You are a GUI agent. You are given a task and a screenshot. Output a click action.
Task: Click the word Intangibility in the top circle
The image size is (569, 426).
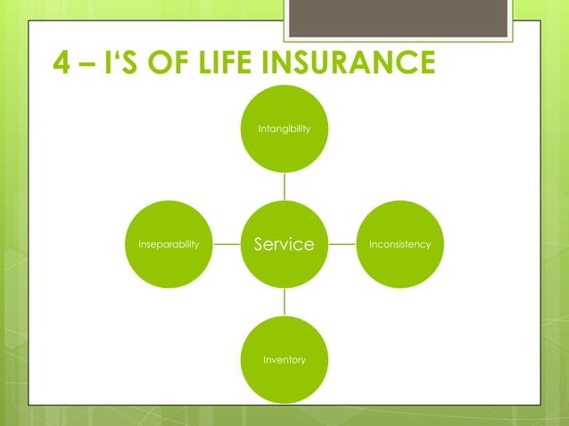284,129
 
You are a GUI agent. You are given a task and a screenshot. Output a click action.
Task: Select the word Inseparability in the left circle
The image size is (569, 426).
169,244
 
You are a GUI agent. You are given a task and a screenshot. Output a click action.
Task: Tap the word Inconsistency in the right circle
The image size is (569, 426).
400,244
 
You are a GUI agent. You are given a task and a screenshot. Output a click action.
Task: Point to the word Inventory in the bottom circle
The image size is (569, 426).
284,360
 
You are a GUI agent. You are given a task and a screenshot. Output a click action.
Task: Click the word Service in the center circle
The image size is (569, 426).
284,244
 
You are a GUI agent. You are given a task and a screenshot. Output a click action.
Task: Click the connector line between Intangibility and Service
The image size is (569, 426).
284,186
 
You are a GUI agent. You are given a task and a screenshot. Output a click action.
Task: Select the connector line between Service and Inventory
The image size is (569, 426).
284,302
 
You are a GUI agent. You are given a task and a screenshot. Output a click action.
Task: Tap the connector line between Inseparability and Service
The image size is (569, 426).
227,244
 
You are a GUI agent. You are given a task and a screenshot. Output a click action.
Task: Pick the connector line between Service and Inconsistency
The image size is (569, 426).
342,244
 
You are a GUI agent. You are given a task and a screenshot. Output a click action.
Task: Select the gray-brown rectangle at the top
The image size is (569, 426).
400,18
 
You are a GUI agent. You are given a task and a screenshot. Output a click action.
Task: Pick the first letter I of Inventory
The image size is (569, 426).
264,360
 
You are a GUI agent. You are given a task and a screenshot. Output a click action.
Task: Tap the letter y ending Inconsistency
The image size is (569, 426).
428,245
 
